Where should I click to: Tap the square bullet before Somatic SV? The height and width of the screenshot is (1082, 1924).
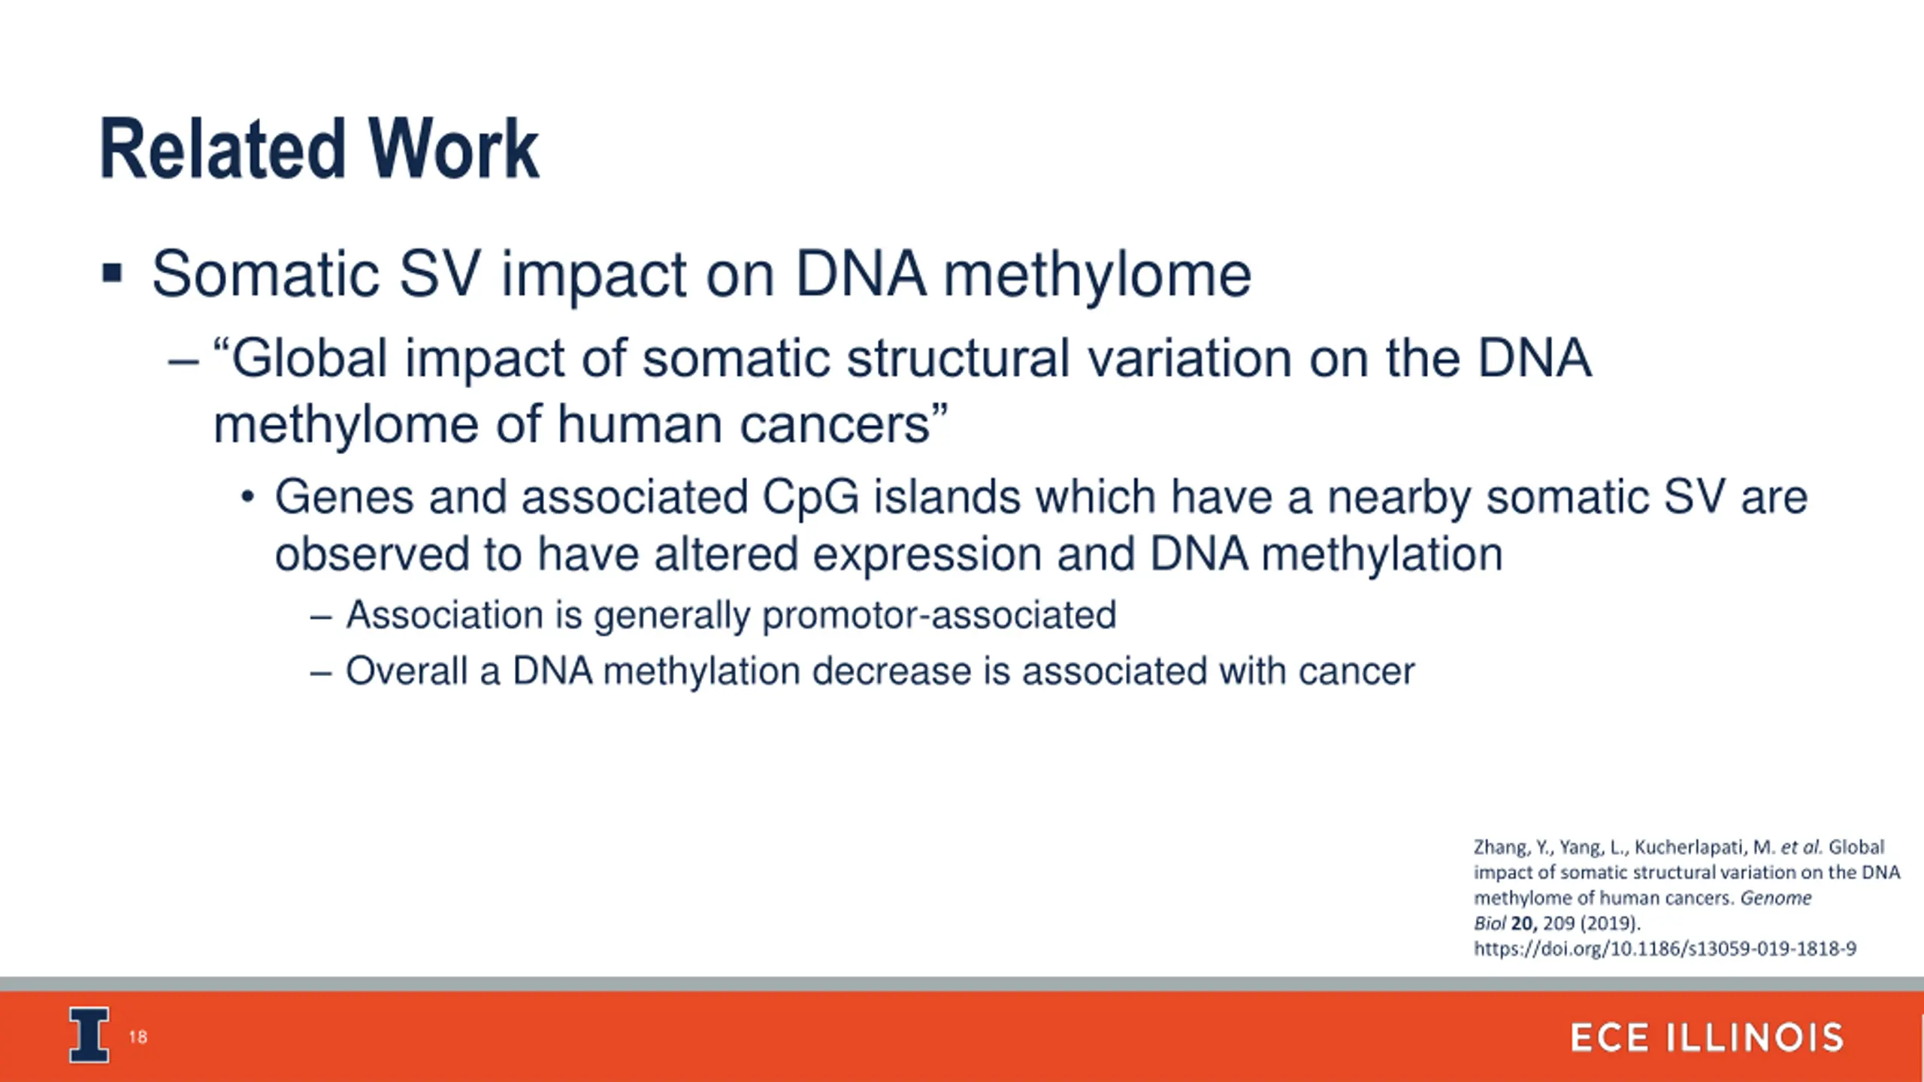112,272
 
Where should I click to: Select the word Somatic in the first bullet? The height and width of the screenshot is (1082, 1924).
265,274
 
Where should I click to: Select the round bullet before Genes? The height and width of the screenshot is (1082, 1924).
248,498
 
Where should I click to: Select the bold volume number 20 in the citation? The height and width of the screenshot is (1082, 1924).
1523,923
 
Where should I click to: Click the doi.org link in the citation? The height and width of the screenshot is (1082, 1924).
1665,949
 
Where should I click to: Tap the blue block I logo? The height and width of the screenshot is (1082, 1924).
89,1035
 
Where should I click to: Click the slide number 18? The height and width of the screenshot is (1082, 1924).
138,1038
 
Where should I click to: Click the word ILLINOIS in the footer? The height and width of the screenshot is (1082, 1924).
1756,1038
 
